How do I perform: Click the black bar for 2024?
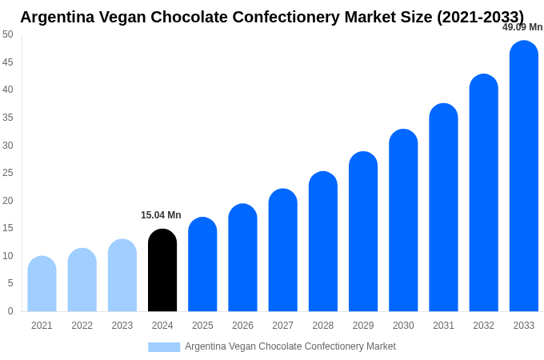tap(162, 270)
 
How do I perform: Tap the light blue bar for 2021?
tap(42, 284)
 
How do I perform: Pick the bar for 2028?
tap(323, 242)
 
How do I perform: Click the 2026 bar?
tap(242, 258)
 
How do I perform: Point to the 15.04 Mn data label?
tap(161, 215)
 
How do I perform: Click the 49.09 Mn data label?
tap(522, 27)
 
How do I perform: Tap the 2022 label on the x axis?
tap(82, 326)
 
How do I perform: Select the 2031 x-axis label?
tap(443, 326)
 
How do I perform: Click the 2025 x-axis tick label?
tap(202, 326)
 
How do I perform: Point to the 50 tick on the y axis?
tap(8, 34)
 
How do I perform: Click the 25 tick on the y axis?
tap(8, 173)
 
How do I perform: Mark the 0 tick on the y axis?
tap(10, 311)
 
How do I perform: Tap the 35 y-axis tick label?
tap(8, 118)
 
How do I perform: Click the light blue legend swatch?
tap(164, 347)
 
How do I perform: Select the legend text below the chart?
tap(290, 346)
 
